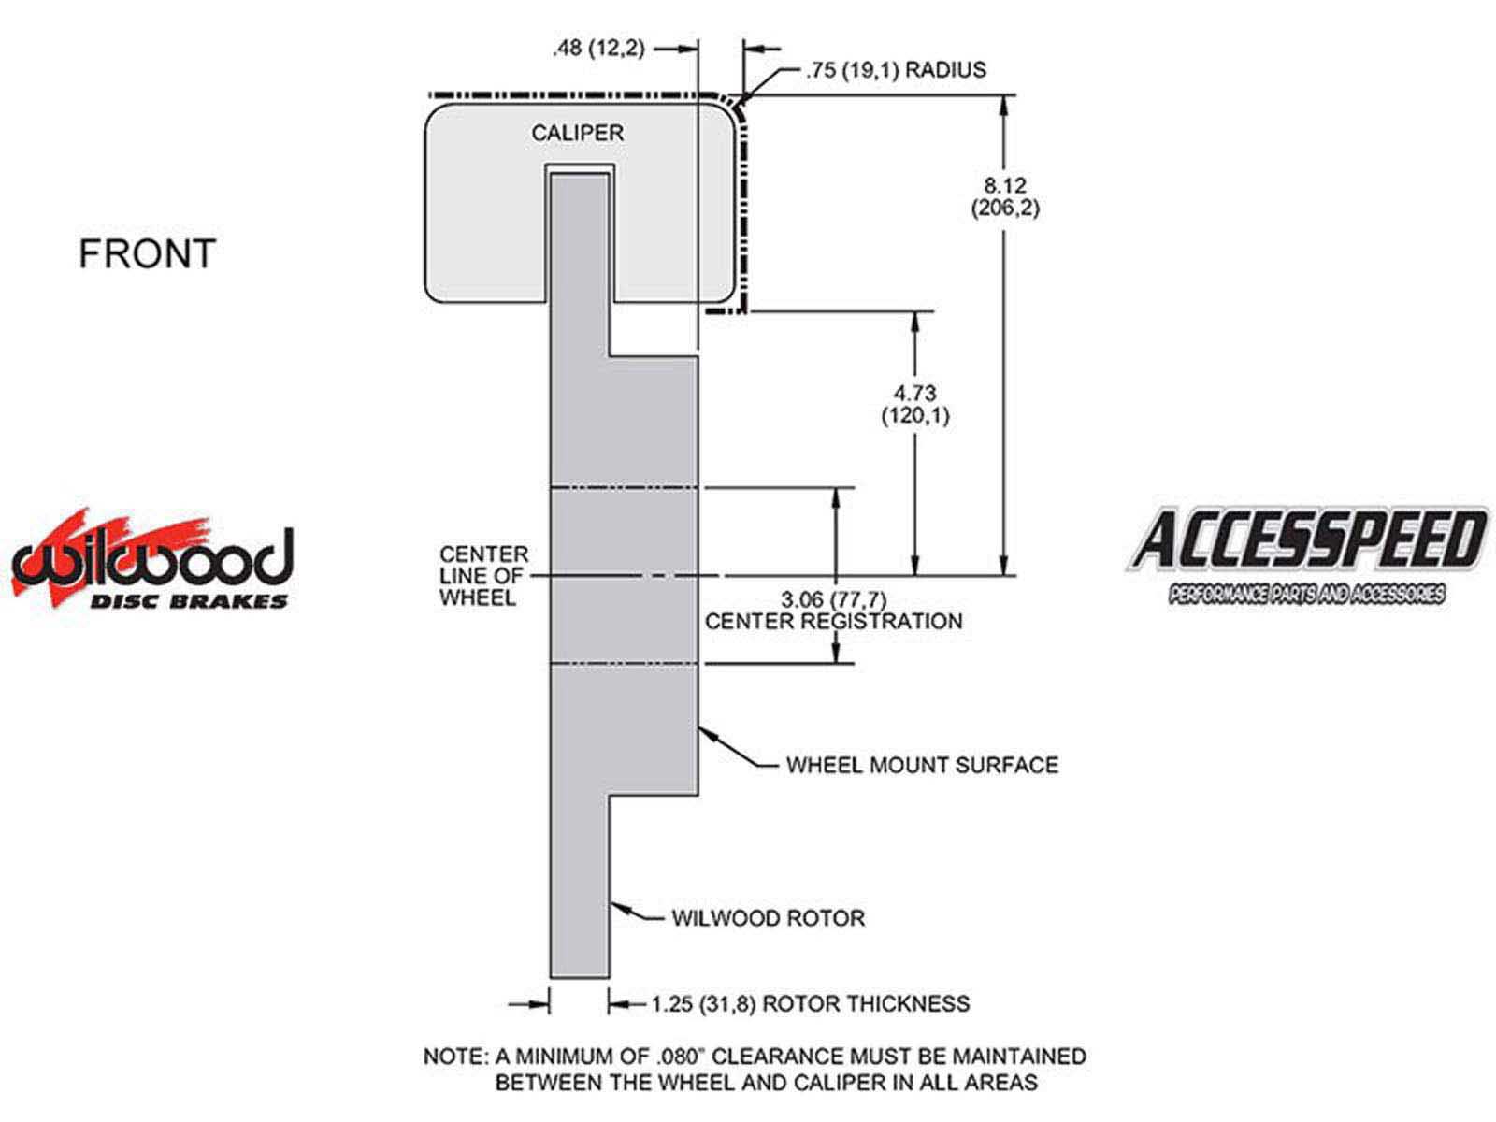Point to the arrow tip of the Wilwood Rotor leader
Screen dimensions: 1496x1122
click(x=611, y=903)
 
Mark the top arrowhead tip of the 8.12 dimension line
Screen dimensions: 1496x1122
click(x=1003, y=96)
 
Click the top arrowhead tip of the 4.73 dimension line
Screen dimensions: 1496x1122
click(x=915, y=312)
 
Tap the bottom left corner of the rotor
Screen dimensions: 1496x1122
click(x=551, y=978)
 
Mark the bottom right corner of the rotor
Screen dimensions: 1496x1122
click(x=610, y=978)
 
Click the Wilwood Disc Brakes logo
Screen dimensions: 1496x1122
click(x=152, y=561)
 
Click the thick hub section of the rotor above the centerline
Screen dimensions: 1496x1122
click(x=653, y=422)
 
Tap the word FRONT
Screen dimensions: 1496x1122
click(x=147, y=253)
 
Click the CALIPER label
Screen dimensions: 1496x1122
click(x=577, y=133)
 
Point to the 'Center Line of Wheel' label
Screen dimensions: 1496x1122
click(x=484, y=576)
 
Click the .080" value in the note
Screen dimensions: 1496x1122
click(x=681, y=1056)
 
